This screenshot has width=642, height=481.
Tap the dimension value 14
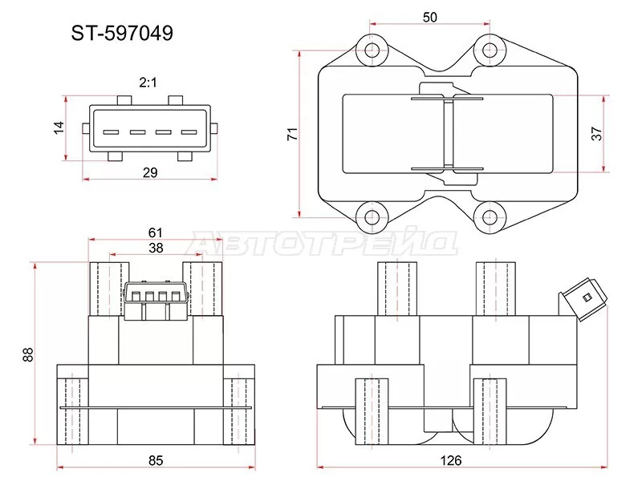coord(58,129)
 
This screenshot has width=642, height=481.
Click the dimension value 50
coord(431,17)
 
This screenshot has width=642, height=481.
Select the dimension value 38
coord(156,248)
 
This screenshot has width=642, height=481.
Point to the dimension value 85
coord(156,460)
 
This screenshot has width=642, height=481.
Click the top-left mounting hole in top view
coord(372,51)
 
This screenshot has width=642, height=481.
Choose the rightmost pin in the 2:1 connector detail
coord(189,132)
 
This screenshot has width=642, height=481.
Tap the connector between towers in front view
coord(156,300)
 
